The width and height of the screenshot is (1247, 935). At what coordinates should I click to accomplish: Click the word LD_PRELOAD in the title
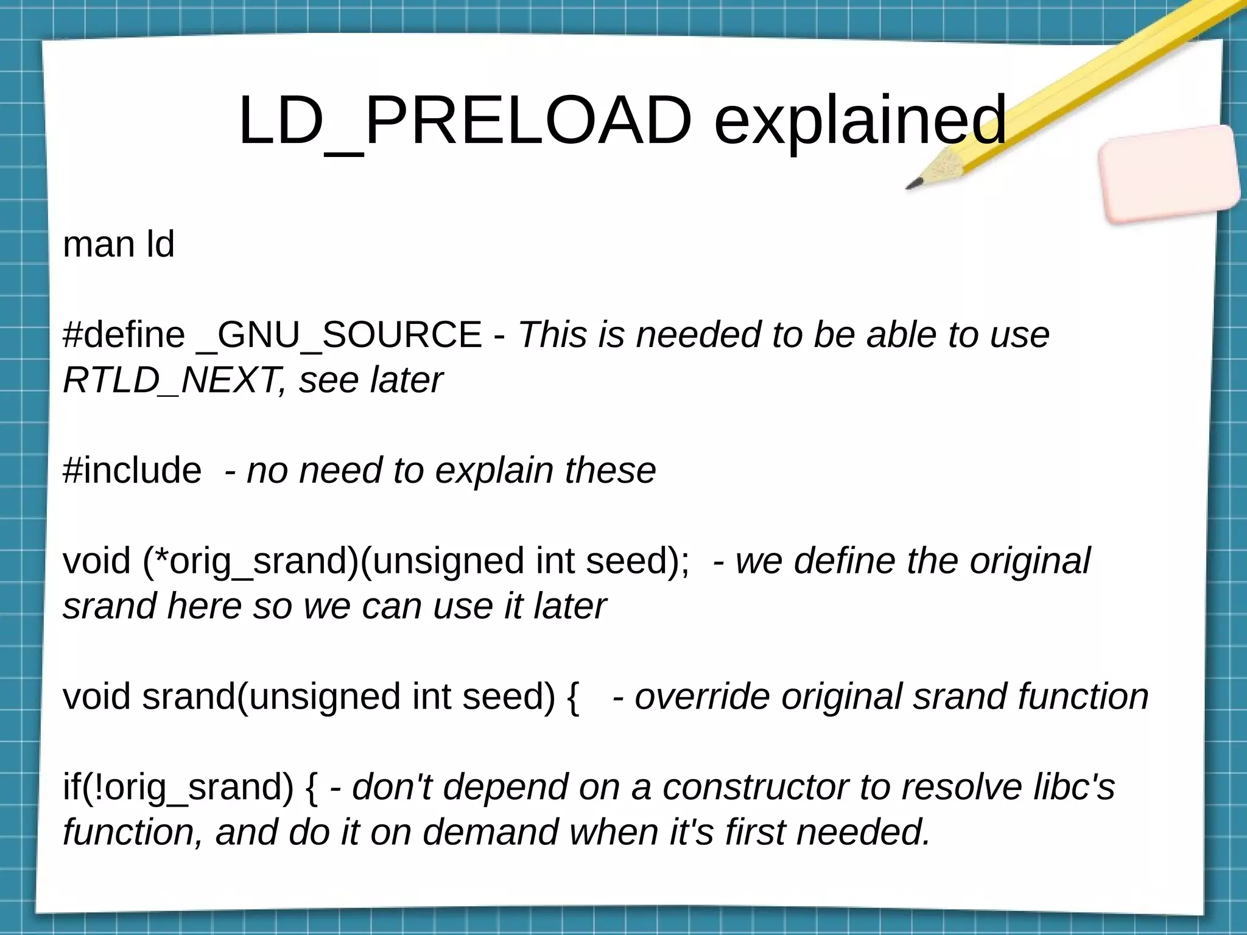click(465, 122)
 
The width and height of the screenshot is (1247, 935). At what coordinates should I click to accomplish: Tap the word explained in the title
click(860, 122)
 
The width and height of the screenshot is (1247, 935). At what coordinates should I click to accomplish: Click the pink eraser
click(1170, 174)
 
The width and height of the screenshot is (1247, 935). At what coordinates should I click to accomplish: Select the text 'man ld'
click(119, 245)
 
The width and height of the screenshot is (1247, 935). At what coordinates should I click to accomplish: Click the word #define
click(124, 335)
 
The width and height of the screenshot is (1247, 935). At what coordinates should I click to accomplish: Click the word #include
click(132, 471)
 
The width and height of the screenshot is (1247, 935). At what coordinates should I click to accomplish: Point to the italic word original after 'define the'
click(1030, 561)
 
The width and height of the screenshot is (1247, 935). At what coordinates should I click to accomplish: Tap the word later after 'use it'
click(570, 606)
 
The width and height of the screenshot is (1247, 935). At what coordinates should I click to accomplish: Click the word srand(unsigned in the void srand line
click(270, 696)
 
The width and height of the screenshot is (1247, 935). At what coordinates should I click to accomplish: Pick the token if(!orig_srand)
click(178, 787)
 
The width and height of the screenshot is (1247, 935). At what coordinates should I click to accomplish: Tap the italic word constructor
click(756, 787)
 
